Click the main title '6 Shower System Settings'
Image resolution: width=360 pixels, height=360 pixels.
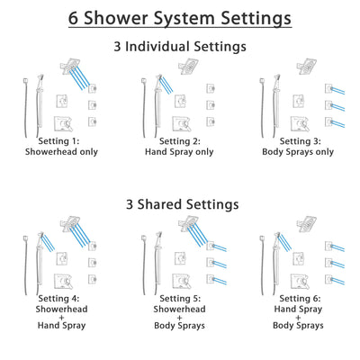point(180,18)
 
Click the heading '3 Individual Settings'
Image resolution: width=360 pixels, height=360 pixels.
point(180,46)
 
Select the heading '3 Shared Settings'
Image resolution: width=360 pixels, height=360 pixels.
point(180,204)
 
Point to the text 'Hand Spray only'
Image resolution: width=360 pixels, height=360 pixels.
point(180,152)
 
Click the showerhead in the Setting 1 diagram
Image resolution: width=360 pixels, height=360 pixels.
point(69,65)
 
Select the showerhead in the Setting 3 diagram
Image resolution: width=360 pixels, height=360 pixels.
point(309,65)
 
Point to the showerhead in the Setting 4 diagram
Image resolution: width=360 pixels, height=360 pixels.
point(69,223)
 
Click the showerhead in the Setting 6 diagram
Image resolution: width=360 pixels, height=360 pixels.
point(309,223)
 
